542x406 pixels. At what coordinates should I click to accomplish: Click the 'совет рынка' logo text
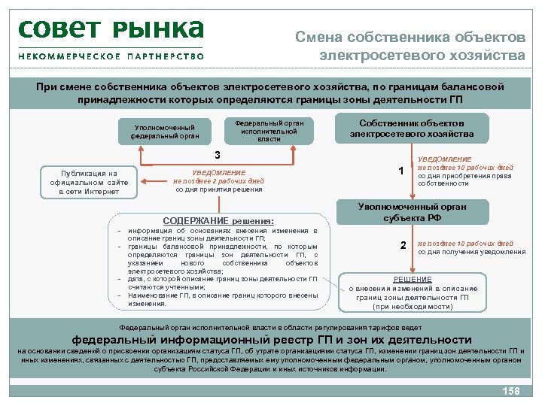click(111, 29)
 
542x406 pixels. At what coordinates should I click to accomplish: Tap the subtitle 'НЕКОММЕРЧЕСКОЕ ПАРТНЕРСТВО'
click(111, 56)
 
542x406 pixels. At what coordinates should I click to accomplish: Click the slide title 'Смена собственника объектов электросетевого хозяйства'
click(410, 46)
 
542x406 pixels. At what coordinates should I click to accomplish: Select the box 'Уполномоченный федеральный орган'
click(164, 132)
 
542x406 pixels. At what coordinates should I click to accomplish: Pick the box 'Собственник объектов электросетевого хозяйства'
click(412, 129)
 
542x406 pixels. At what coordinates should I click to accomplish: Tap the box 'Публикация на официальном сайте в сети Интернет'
click(89, 182)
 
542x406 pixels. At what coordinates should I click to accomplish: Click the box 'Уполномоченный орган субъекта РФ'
click(412, 212)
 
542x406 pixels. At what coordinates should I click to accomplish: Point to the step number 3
click(218, 156)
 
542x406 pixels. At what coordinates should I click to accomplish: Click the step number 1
click(401, 171)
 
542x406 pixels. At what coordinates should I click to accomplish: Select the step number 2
click(403, 246)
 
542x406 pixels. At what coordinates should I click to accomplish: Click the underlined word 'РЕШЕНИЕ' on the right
click(413, 279)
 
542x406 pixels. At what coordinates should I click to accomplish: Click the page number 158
click(510, 391)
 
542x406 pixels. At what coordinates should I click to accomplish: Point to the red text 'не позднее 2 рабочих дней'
click(218, 181)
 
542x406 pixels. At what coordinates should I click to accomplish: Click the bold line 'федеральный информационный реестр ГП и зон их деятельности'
click(271, 339)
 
